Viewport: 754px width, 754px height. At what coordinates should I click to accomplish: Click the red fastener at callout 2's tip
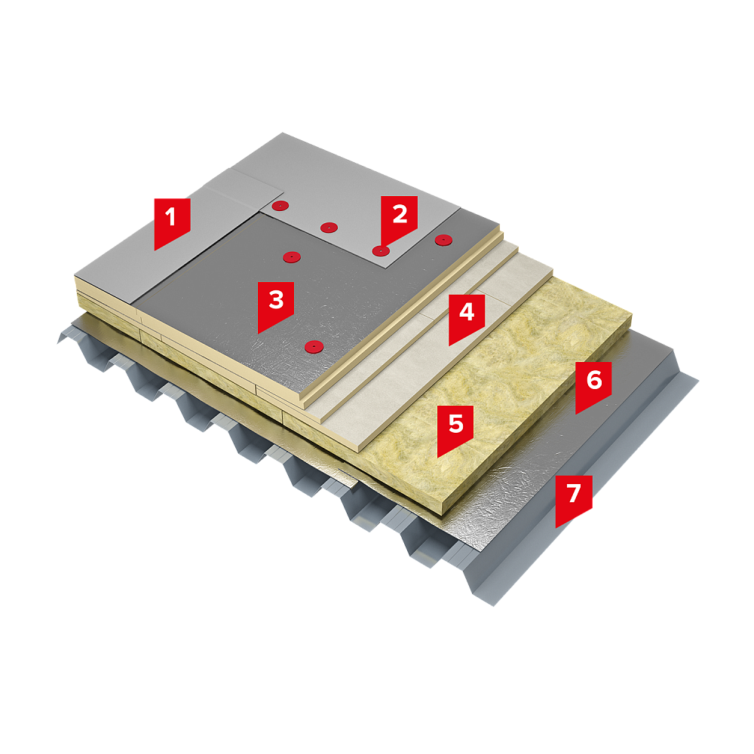[x=380, y=251]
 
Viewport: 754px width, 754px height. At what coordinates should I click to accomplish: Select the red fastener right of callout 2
[x=443, y=240]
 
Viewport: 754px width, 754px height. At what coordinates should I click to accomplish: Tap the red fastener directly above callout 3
[x=291, y=257]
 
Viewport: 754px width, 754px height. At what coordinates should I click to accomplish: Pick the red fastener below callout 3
[x=314, y=346]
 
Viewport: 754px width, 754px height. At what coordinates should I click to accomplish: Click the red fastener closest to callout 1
[x=280, y=207]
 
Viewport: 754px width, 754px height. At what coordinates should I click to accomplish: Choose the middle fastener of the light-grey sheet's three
[x=329, y=228]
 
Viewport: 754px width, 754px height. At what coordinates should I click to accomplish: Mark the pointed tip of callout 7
[x=556, y=527]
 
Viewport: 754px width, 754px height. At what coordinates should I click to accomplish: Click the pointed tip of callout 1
[x=155, y=250]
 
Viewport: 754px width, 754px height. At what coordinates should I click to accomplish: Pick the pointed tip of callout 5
[x=438, y=456]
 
